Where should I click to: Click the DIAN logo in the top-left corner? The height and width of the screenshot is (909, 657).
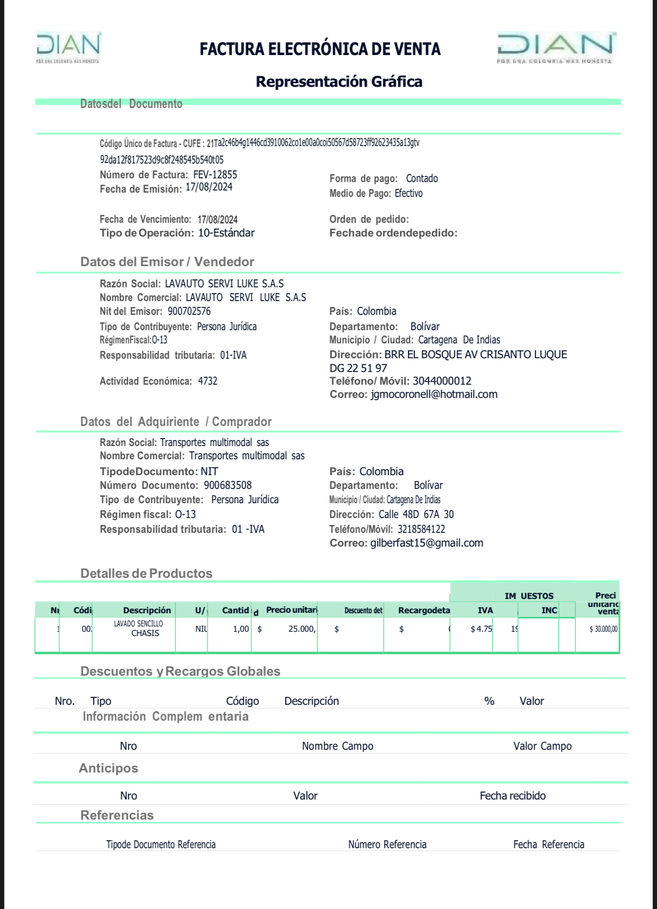pos(68,47)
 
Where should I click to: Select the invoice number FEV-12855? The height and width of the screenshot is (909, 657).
pos(215,175)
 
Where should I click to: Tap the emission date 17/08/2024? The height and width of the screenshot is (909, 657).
pos(209,187)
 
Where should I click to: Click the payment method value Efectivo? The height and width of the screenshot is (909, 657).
pos(408,194)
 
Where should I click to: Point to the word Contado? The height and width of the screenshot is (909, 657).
pos(422,179)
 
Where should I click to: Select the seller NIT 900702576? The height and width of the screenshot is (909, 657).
pos(189,312)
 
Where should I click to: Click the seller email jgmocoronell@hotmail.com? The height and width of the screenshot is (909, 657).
pos(434,395)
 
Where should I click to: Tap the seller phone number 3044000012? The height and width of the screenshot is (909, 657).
pos(442,381)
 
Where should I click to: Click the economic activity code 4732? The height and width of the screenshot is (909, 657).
pos(207,381)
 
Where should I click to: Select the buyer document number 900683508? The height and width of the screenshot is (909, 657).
pos(227,486)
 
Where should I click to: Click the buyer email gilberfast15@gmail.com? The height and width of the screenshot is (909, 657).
pos(426,543)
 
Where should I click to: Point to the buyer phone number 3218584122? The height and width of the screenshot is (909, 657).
pos(421,529)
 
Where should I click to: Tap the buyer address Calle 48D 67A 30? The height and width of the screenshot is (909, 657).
pos(416,514)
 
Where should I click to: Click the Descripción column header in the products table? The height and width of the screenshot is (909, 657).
pos(147,611)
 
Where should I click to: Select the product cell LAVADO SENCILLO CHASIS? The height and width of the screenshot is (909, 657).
pos(139,629)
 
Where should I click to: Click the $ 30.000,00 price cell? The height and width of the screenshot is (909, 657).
pos(603,630)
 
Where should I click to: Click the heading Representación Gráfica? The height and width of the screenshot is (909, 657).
pos(339,81)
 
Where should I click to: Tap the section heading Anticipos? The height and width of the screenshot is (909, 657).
pos(108,768)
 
